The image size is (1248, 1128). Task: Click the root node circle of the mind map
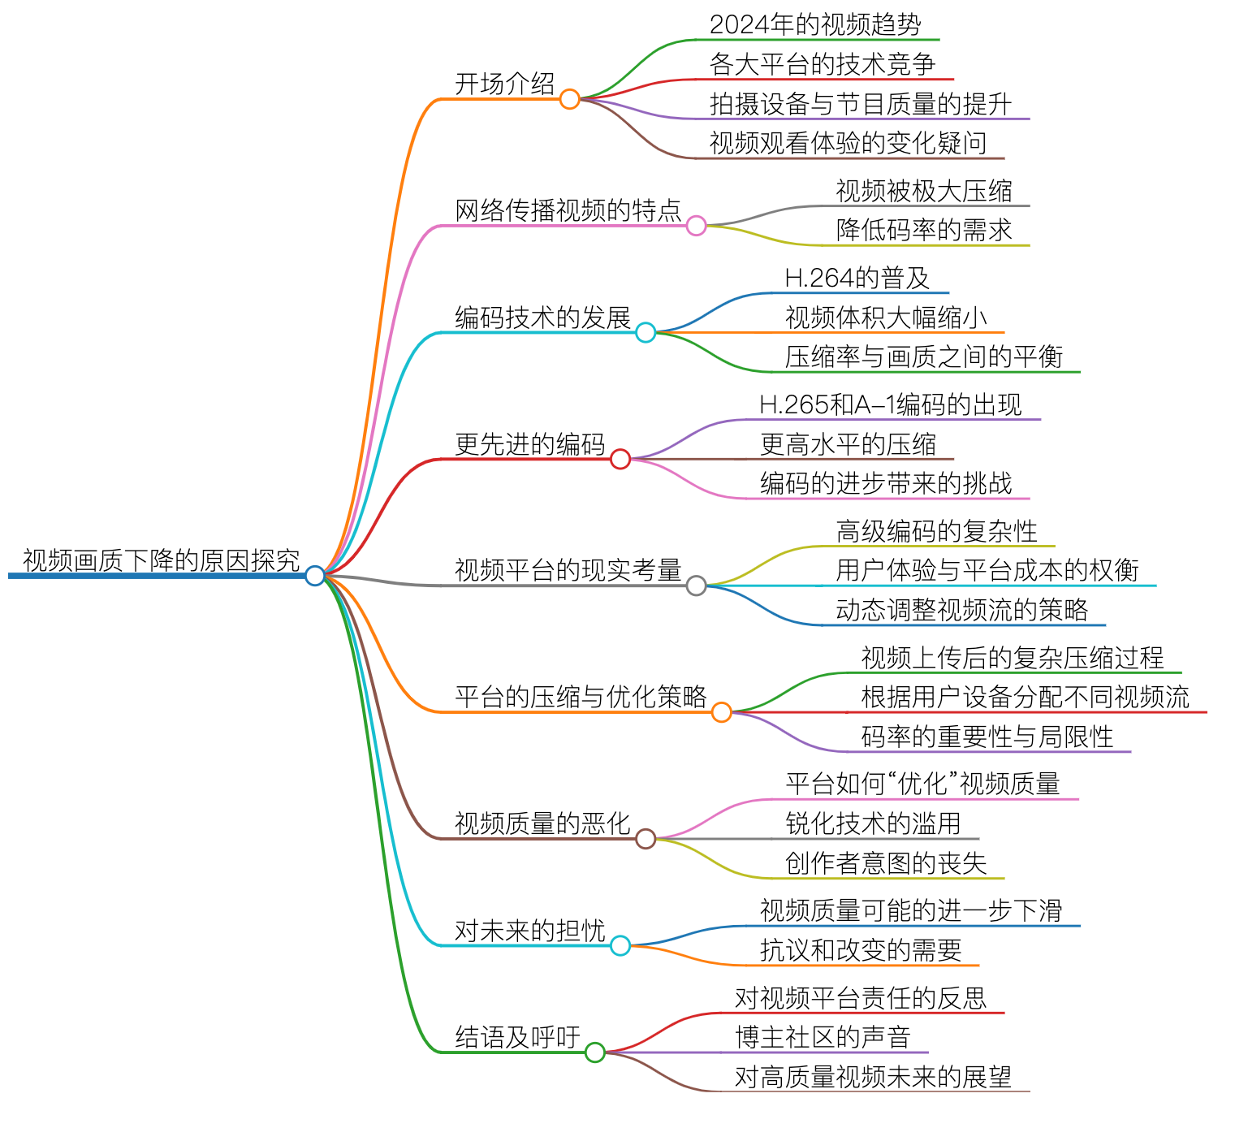click(315, 576)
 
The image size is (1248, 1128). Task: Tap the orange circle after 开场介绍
click(570, 99)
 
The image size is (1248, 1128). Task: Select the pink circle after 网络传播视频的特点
click(696, 226)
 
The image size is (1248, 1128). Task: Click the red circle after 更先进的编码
click(620, 460)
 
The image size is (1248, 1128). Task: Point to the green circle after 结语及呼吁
click(595, 1052)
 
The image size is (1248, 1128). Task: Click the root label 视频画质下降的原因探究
click(161, 560)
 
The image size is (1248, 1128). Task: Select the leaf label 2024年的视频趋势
click(815, 24)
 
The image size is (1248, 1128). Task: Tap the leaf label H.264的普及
click(857, 278)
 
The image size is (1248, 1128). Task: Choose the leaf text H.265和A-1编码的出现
click(890, 404)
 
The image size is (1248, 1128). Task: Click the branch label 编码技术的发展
click(542, 318)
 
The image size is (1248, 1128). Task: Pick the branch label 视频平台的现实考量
click(568, 570)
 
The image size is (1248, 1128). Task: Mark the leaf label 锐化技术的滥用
click(873, 823)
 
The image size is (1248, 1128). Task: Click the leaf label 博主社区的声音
click(823, 1037)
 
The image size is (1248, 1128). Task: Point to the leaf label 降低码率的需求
click(924, 230)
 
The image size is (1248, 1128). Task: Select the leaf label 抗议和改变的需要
click(861, 950)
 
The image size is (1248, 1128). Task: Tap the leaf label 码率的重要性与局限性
click(987, 737)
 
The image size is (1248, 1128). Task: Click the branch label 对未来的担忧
click(529, 931)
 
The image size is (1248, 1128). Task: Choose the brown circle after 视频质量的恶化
click(646, 839)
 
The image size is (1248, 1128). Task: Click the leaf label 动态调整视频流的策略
click(962, 610)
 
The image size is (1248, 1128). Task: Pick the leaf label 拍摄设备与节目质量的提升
click(860, 104)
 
